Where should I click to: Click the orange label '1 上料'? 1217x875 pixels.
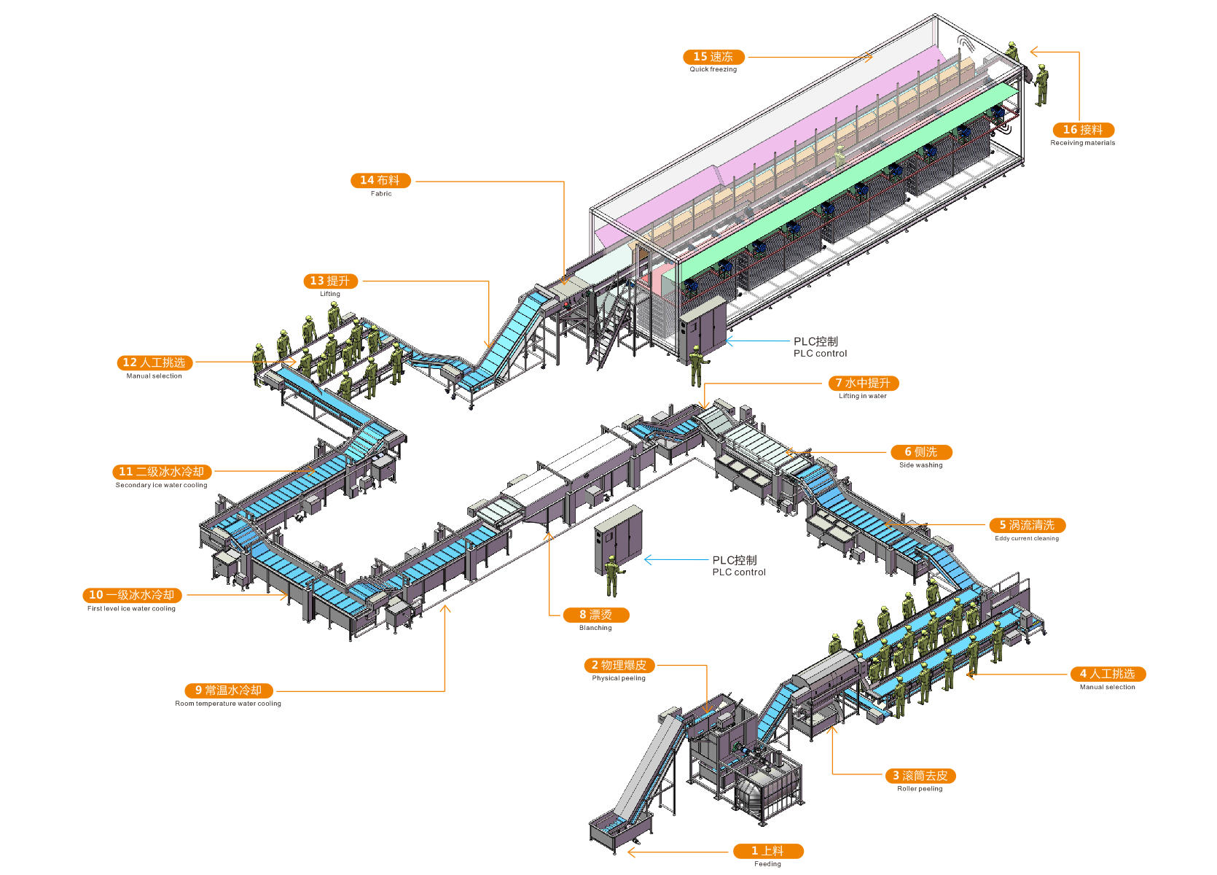767,851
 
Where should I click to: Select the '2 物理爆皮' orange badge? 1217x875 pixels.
619,665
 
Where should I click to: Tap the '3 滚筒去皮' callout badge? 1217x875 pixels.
920,776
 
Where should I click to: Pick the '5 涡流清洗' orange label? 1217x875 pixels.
1027,525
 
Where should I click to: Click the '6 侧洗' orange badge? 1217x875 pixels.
921,452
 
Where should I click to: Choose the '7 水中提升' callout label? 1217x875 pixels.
863,383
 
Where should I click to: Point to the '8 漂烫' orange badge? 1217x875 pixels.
595,615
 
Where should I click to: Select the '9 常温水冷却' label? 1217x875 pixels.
228,691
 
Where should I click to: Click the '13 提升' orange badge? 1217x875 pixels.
330,281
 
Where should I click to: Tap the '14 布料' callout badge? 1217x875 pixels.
380,180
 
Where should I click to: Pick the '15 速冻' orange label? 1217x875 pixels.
713,57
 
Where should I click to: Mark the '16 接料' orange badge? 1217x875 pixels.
1083,130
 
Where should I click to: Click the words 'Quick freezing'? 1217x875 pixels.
713,70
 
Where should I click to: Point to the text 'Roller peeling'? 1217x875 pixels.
920,789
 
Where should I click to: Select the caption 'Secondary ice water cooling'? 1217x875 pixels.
161,485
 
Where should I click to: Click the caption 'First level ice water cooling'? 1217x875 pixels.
131,609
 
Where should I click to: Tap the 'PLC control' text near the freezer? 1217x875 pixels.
820,354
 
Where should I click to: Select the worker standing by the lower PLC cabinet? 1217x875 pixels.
611,576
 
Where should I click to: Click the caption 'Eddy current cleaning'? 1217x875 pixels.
1027,539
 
